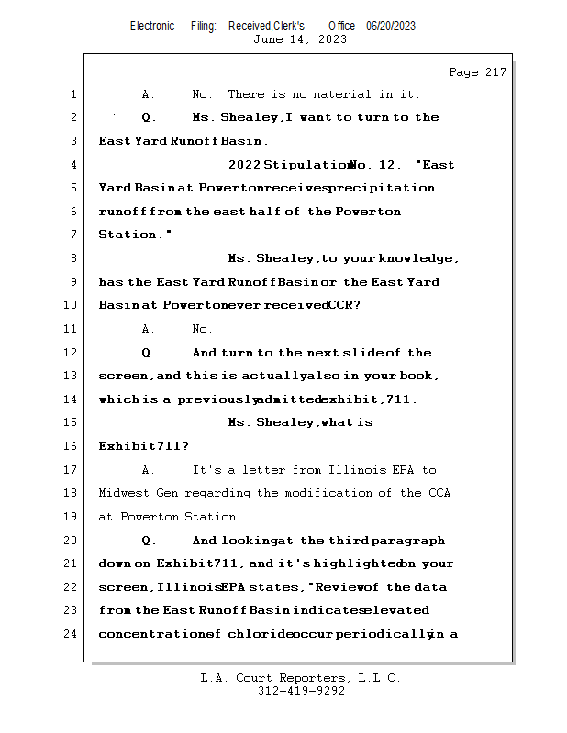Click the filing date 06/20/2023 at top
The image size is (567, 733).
(391, 26)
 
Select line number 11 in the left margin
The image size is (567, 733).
(72, 329)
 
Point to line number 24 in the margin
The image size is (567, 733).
(72, 633)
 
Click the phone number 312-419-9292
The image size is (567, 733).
(301, 691)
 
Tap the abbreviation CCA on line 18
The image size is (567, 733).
(439, 493)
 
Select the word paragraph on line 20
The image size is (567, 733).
(409, 541)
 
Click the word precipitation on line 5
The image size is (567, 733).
(382, 188)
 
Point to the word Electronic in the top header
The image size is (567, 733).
(152, 26)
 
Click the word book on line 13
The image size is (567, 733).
(422, 376)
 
